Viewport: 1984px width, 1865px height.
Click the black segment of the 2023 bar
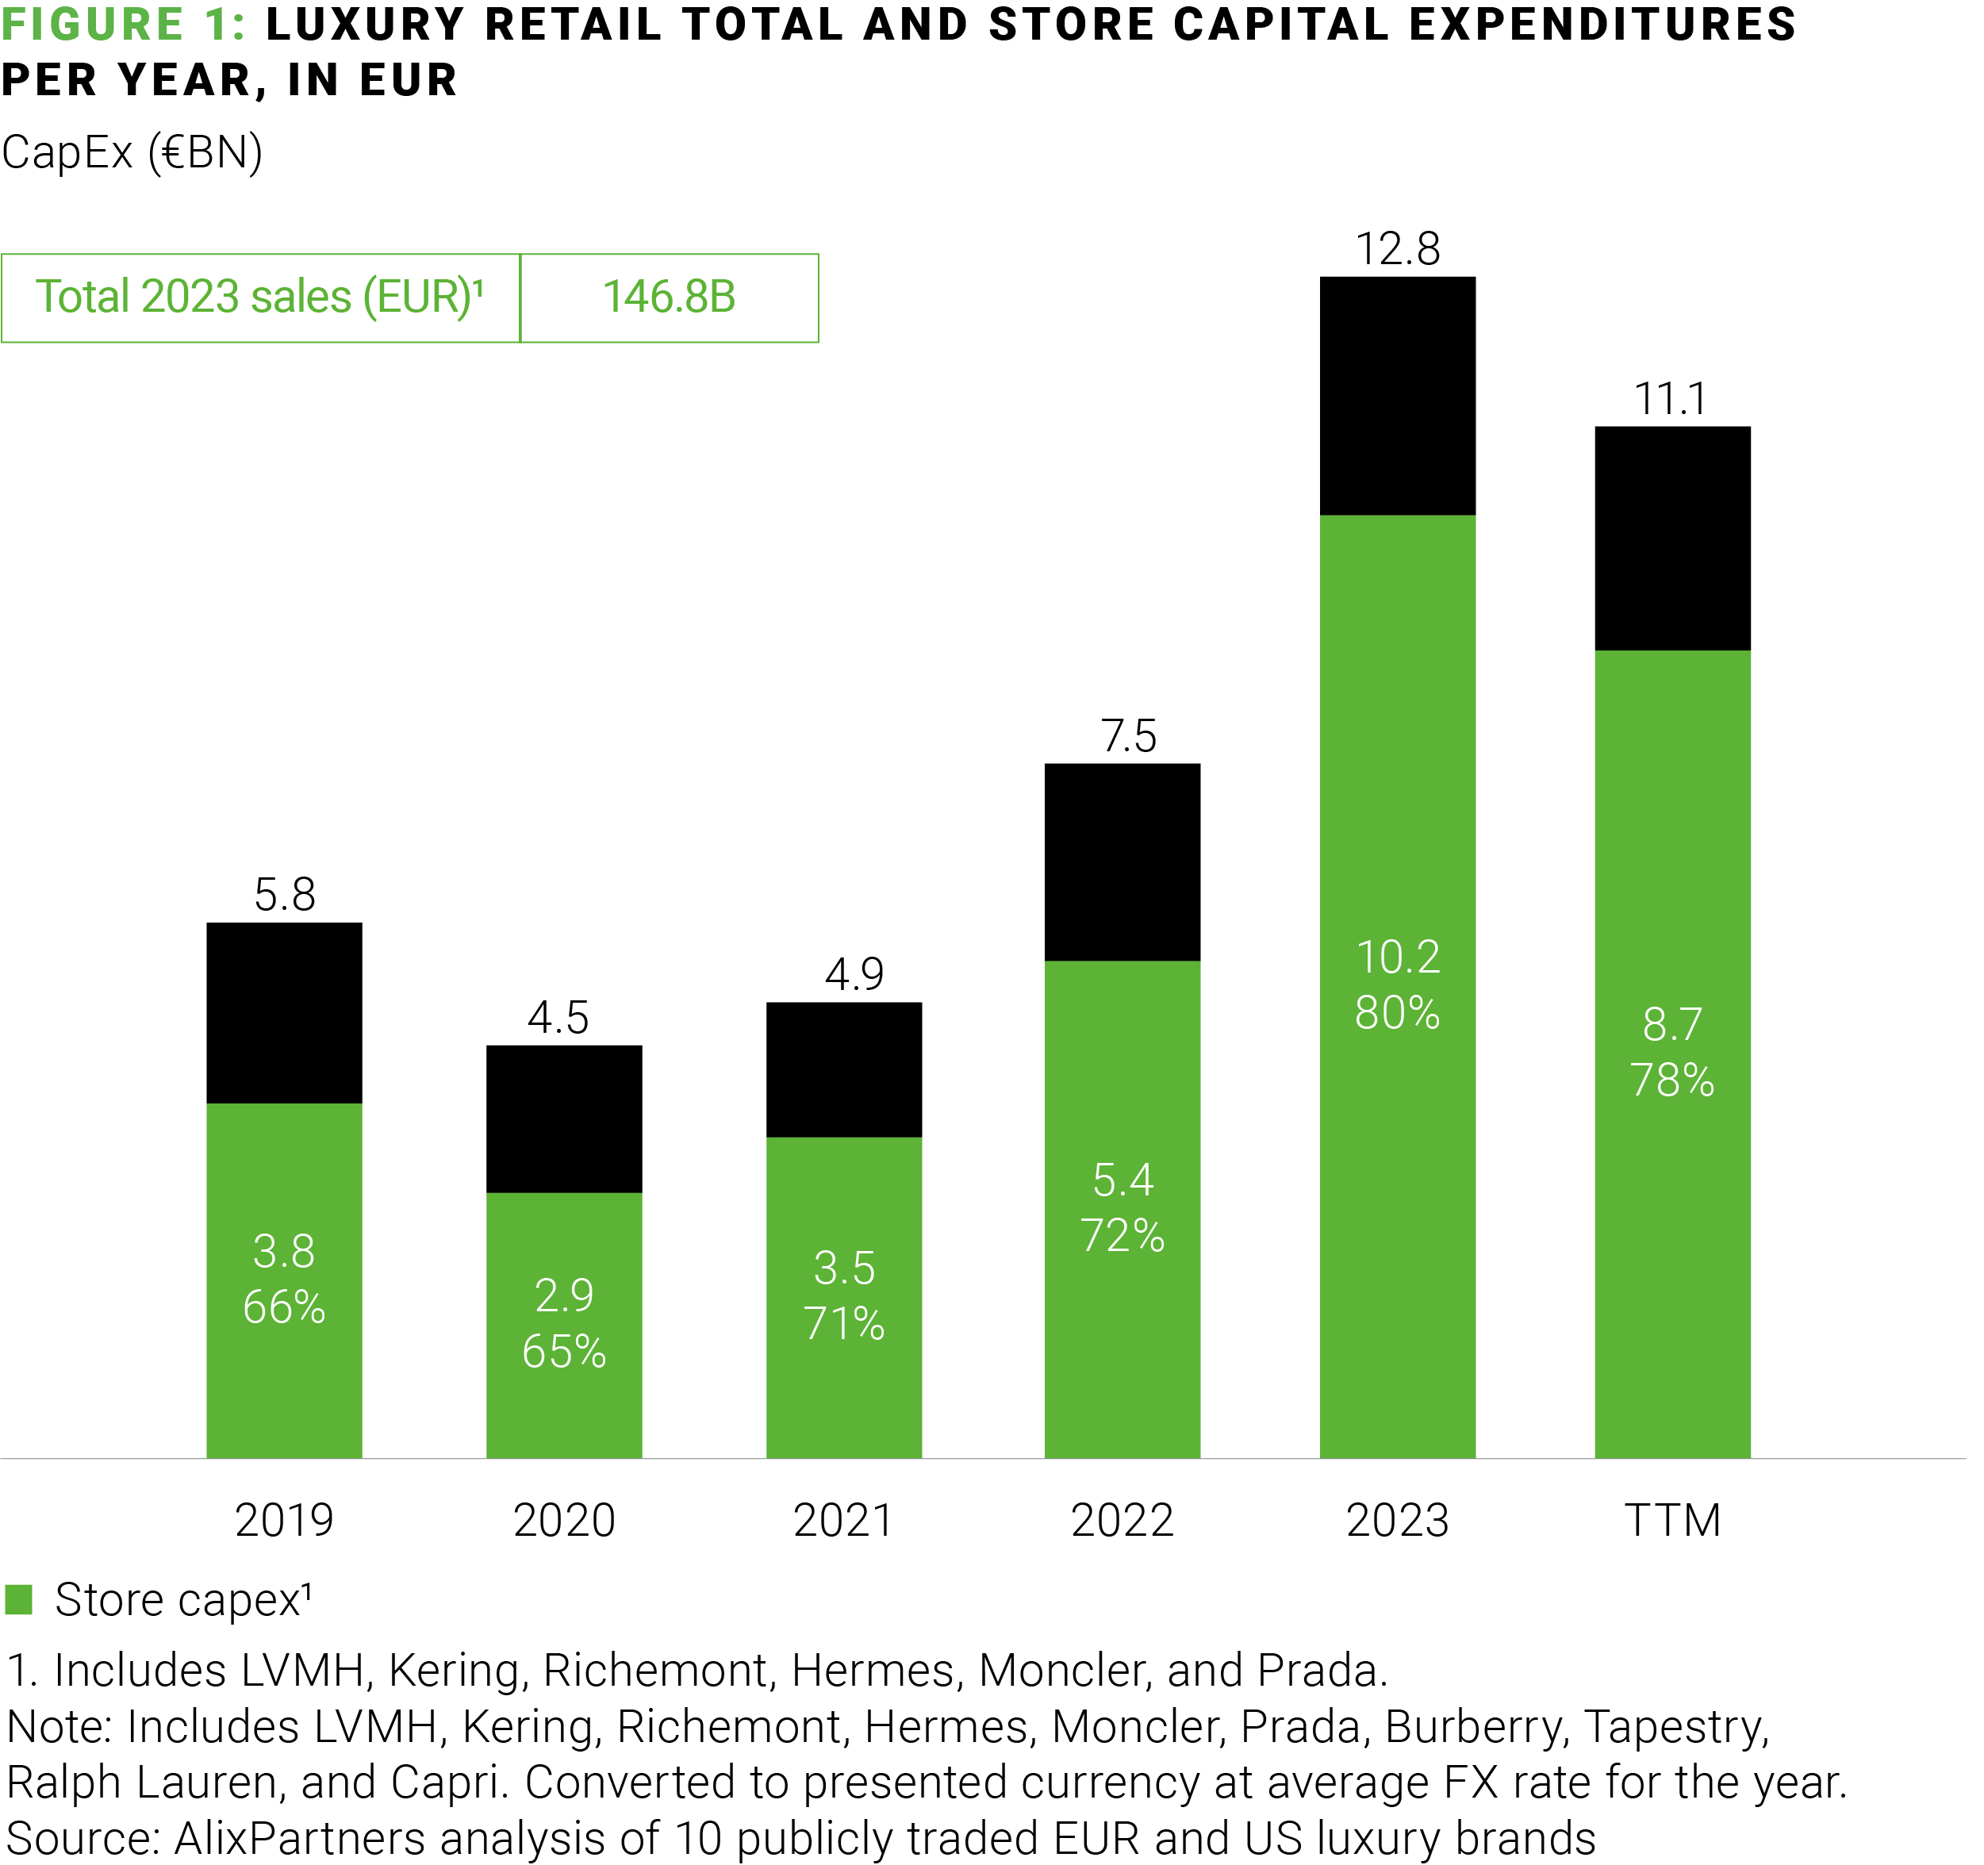(x=1397, y=396)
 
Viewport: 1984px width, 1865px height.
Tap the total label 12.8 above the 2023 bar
(x=1397, y=248)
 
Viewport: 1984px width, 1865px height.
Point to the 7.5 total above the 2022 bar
(x=1128, y=736)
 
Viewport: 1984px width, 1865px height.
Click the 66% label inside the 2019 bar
(x=285, y=1307)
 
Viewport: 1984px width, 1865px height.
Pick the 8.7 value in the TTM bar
(x=1671, y=1025)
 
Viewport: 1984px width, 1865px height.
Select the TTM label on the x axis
(x=1672, y=1521)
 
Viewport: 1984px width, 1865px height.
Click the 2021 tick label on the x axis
(x=843, y=1521)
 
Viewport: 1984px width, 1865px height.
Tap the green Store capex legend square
(x=19, y=1599)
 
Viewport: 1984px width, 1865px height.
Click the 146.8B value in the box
(x=669, y=297)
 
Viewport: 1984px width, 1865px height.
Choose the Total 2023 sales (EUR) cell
(x=259, y=297)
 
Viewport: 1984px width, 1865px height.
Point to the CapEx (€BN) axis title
(x=132, y=152)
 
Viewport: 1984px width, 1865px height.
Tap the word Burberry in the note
(x=1473, y=1727)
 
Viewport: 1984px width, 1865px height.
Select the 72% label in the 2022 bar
(x=1122, y=1237)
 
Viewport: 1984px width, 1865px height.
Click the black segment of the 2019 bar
(x=285, y=1013)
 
